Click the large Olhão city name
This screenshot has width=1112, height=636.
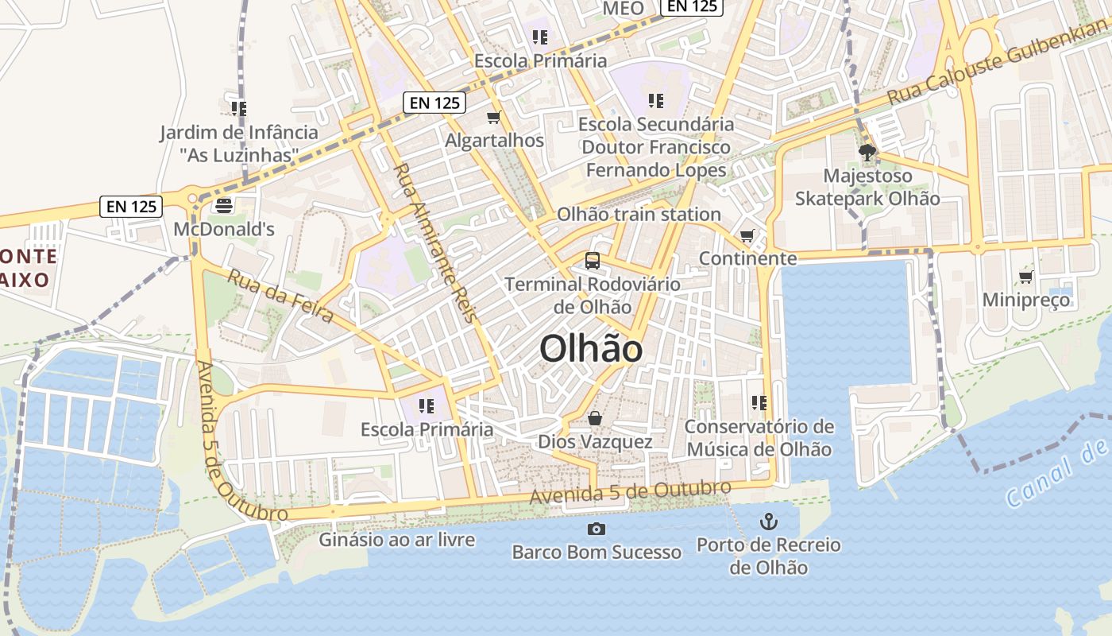coord(591,348)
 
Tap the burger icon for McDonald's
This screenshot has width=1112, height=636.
coord(224,206)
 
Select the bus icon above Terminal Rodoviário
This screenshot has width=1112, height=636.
coord(592,260)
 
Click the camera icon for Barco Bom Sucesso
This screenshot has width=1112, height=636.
coord(596,529)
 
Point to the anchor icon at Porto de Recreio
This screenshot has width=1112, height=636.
coord(768,522)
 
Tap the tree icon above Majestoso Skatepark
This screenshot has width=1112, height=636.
coord(867,152)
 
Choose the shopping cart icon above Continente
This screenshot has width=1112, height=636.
coord(747,235)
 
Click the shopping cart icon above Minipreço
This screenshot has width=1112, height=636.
coord(1025,277)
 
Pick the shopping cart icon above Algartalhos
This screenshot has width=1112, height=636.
coord(494,118)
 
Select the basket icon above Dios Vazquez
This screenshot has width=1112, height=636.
coord(595,418)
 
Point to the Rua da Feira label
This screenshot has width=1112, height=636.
coord(280,296)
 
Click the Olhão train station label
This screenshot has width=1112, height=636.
coord(639,214)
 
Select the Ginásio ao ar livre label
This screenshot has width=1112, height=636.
coord(397,540)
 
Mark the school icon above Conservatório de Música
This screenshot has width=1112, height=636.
coord(759,403)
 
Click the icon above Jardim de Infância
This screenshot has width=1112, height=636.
coord(238,108)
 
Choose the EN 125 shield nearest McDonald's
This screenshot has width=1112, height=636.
coord(133,207)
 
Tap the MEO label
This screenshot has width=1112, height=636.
coord(624,8)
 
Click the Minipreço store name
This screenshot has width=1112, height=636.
coord(1026,300)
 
